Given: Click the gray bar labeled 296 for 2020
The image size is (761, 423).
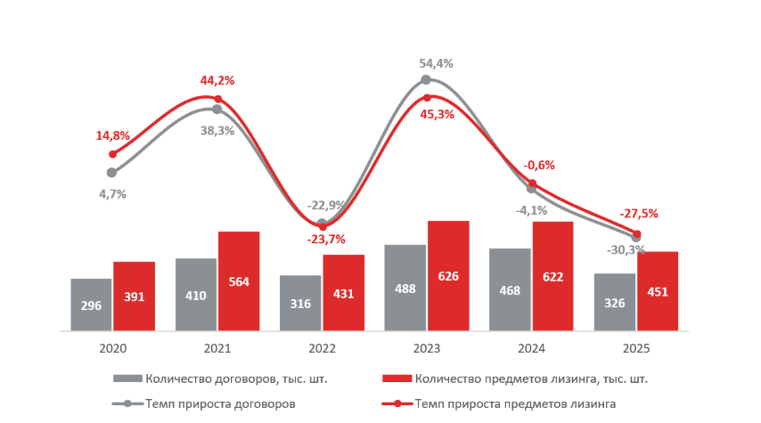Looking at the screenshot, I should (91, 305).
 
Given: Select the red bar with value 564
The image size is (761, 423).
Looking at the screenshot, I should (239, 281).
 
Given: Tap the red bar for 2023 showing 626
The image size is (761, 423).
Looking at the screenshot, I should (448, 276).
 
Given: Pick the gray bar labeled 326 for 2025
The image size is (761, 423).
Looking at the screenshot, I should (615, 302).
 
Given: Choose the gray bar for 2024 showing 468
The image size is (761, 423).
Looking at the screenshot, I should (510, 289).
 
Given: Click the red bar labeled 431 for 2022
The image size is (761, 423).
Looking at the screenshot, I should (344, 293).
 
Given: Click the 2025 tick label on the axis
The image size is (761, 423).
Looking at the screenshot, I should (636, 348).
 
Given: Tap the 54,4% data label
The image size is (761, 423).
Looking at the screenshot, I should (437, 63).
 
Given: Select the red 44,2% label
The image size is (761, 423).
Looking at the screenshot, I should (217, 80).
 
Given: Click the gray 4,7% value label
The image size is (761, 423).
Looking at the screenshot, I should (112, 193).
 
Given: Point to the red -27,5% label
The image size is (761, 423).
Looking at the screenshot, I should (640, 214).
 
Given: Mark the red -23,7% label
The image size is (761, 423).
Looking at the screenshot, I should (326, 239).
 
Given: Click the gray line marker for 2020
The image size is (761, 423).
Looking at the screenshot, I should (111, 173).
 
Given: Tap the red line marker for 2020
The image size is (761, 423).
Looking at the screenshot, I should (112, 154).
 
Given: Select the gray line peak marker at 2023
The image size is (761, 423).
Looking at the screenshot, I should (426, 79).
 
